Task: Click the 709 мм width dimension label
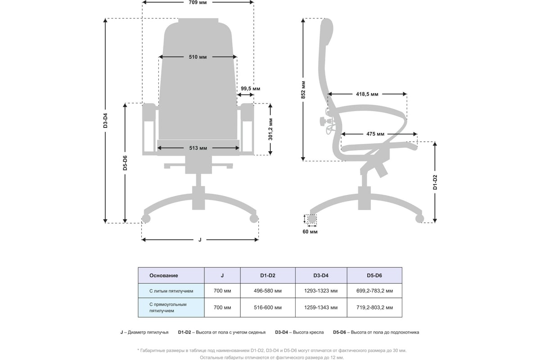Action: pyautogui.click(x=198, y=2)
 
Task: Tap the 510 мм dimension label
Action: pyautogui.click(x=198, y=57)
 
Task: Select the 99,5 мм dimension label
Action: pyautogui.click(x=250, y=89)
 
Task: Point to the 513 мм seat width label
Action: pyautogui.click(x=198, y=148)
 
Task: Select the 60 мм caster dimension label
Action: pyautogui.click(x=310, y=232)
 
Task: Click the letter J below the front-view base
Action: pyautogui.click(x=200, y=240)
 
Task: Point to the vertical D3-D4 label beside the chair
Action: pyautogui.click(x=105, y=121)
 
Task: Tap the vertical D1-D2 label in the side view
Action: pyautogui.click(x=435, y=182)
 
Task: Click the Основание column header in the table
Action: pyautogui.click(x=163, y=275)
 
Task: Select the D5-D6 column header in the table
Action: pyautogui.click(x=374, y=275)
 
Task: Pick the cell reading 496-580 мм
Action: pyautogui.click(x=267, y=291)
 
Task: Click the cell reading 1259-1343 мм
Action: pyautogui.click(x=321, y=308)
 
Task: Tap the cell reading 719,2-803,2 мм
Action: pyautogui.click(x=374, y=308)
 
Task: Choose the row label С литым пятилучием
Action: pyautogui.click(x=171, y=291)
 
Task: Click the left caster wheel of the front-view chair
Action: pyautogui.click(x=145, y=219)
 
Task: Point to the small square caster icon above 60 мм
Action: pyautogui.click(x=311, y=219)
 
